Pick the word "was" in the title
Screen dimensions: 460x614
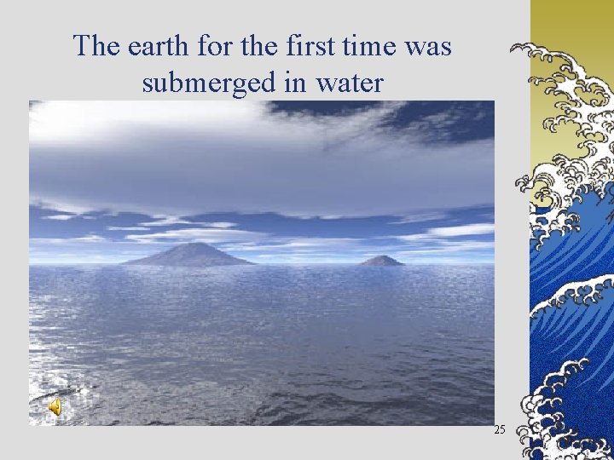click(429, 46)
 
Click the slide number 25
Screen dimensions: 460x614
click(500, 430)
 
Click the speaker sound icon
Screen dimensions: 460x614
click(54, 408)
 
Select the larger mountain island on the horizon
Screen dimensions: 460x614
click(189, 255)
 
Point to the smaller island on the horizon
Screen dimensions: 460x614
click(381, 261)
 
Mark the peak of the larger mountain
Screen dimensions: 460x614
click(194, 244)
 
